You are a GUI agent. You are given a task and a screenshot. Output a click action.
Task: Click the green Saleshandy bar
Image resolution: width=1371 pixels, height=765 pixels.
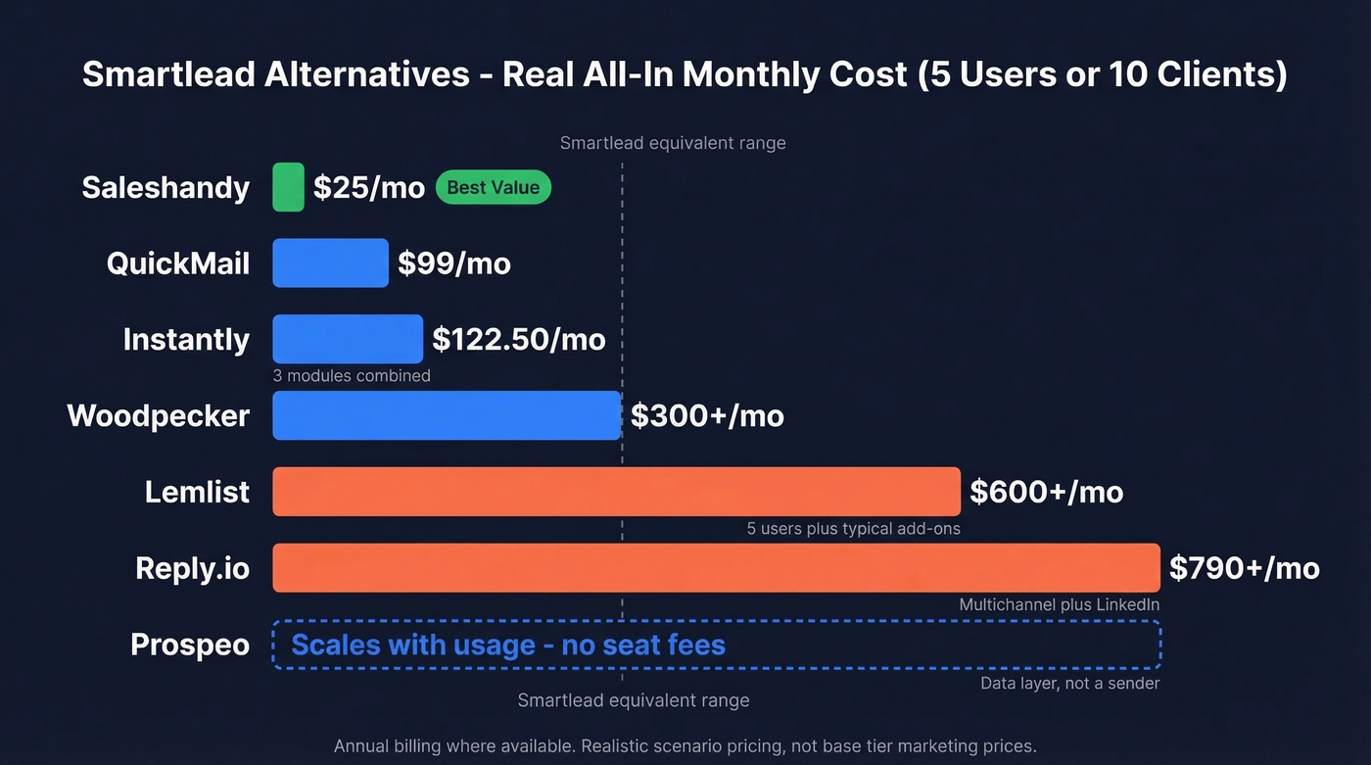tap(288, 187)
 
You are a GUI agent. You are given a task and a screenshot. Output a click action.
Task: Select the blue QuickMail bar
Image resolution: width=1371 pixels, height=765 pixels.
tap(330, 263)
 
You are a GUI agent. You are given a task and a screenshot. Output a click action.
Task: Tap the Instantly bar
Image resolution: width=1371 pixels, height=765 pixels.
tap(348, 339)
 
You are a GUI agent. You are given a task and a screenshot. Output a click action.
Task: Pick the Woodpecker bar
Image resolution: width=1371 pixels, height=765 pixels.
tap(447, 415)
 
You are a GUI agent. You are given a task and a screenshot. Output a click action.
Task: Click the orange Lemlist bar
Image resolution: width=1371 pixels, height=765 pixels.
tap(616, 492)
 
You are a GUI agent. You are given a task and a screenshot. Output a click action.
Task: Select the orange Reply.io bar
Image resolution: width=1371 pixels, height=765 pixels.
tap(716, 568)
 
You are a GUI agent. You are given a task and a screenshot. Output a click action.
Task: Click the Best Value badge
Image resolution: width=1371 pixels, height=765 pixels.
tap(493, 187)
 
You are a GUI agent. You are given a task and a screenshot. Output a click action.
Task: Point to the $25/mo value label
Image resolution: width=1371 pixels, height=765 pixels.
tap(369, 187)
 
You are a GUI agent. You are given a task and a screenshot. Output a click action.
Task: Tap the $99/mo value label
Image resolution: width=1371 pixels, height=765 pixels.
tap(454, 263)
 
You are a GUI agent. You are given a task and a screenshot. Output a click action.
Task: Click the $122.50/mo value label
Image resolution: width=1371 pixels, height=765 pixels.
tap(519, 340)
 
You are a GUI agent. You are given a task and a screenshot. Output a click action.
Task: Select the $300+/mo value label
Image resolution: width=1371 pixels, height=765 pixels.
tap(707, 415)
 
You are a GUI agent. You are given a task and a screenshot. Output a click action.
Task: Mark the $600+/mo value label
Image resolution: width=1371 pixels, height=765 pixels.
tap(1046, 492)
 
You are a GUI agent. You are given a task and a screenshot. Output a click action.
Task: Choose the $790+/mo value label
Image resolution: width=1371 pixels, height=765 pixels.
tap(1245, 568)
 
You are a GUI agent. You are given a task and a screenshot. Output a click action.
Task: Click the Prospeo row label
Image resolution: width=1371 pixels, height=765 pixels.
tap(190, 645)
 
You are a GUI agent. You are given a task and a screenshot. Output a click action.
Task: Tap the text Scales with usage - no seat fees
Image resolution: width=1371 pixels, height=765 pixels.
tap(508, 645)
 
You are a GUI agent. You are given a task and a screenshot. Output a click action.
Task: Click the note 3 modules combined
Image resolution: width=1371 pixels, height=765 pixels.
tap(352, 376)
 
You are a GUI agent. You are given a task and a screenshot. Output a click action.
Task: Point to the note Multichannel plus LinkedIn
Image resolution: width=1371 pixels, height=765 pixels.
tap(1059, 605)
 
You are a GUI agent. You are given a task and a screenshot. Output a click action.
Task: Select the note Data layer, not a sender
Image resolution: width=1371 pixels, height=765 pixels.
tap(1069, 684)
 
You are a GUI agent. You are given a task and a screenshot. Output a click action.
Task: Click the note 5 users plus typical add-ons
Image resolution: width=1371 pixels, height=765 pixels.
tap(853, 529)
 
